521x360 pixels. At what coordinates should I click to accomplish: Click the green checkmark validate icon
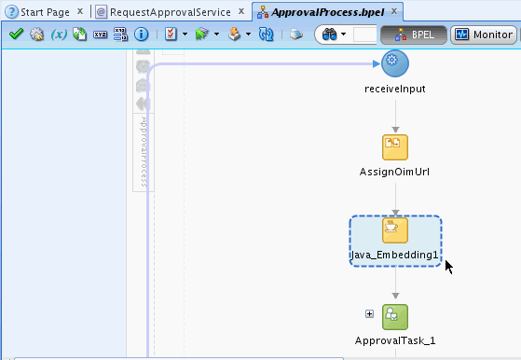[x=15, y=35]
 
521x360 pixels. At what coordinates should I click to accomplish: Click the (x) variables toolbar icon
[x=58, y=35]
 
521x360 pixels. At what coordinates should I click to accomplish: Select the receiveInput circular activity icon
[x=395, y=62]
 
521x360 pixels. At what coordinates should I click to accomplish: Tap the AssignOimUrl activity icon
[x=395, y=146]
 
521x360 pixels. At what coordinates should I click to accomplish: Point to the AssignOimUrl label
[x=395, y=172]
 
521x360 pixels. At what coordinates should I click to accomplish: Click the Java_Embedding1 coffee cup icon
[x=395, y=229]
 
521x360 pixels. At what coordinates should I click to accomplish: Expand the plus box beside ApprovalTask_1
[x=369, y=314]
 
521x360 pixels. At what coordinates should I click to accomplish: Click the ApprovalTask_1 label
[x=395, y=341]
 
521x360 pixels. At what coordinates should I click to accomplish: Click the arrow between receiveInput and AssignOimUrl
[x=395, y=117]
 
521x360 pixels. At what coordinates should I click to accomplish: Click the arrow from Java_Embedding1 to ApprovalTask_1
[x=395, y=284]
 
